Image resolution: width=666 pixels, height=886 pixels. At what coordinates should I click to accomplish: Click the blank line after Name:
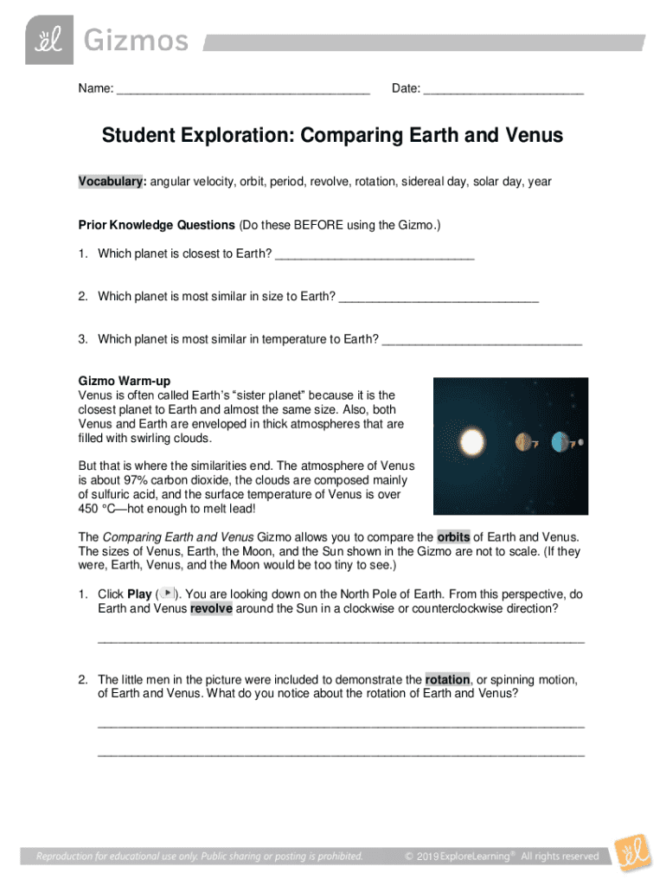(243, 91)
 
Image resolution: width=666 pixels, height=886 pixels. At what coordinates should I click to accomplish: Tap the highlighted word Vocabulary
(112, 183)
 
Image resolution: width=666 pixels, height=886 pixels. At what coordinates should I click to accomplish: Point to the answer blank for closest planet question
(375, 254)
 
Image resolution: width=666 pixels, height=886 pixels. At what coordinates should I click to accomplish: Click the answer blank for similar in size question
(439, 298)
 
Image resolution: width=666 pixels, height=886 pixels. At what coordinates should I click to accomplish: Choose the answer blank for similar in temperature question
(482, 340)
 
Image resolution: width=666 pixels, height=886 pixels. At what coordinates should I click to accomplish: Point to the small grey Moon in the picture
(580, 442)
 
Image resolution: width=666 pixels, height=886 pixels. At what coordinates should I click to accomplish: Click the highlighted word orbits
(453, 537)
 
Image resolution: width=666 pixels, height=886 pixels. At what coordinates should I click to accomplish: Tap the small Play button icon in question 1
(168, 594)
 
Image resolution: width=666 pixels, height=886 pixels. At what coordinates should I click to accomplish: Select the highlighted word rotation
(446, 680)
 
